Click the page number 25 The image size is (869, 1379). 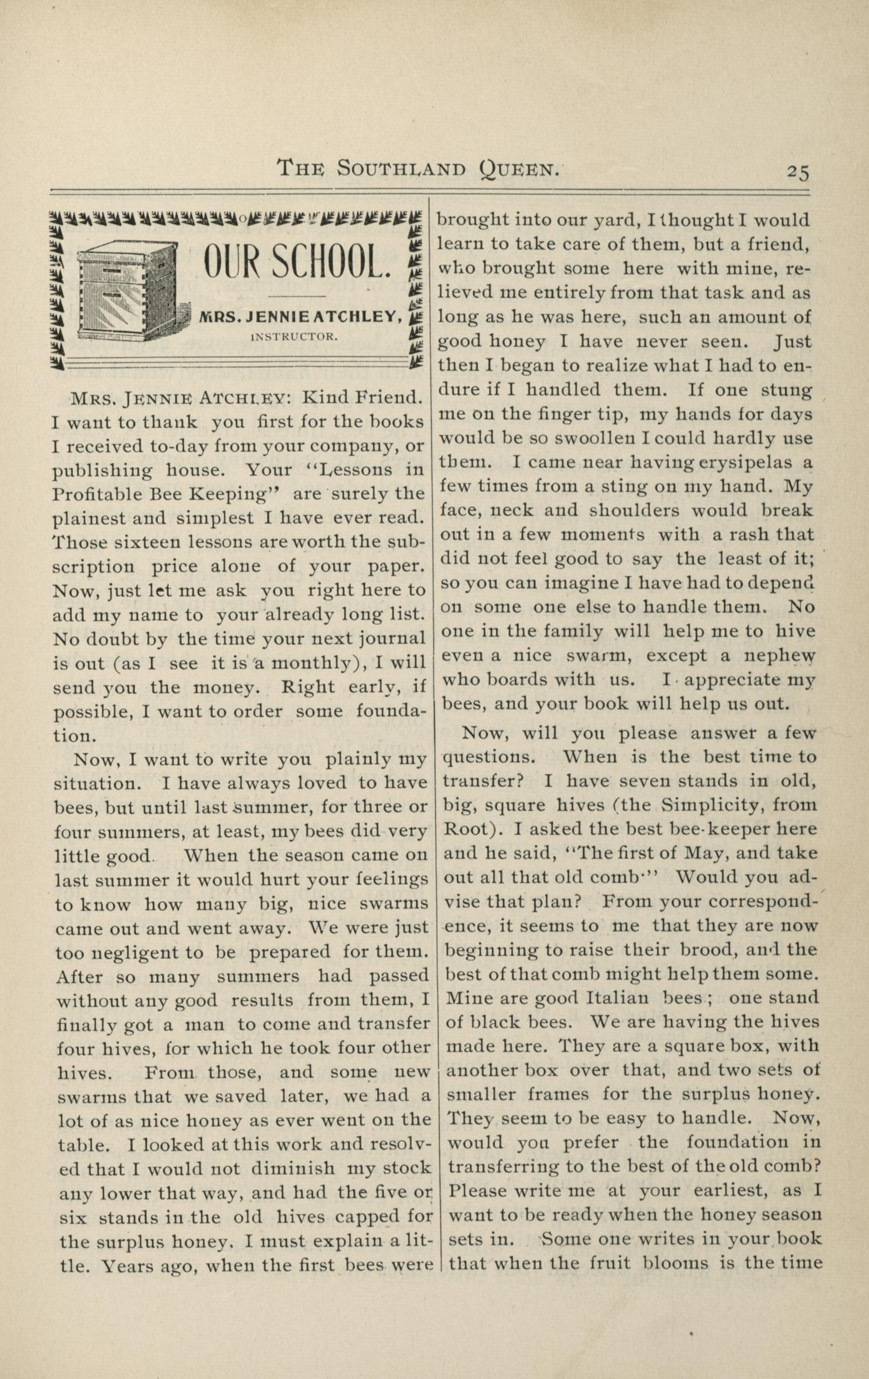point(798,172)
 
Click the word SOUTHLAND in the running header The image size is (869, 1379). point(401,168)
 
